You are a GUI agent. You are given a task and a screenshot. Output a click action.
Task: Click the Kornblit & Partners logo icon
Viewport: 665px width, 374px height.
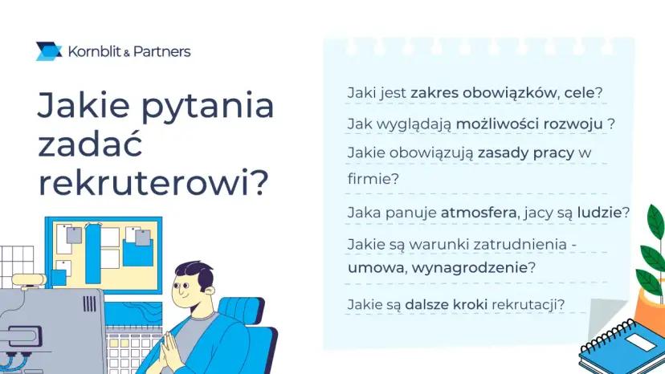(49, 51)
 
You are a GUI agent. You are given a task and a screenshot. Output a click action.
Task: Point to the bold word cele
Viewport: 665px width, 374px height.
(579, 92)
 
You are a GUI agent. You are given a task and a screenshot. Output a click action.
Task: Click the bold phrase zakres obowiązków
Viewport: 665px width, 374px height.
(483, 93)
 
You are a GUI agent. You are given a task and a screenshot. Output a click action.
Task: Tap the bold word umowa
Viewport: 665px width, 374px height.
(375, 267)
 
